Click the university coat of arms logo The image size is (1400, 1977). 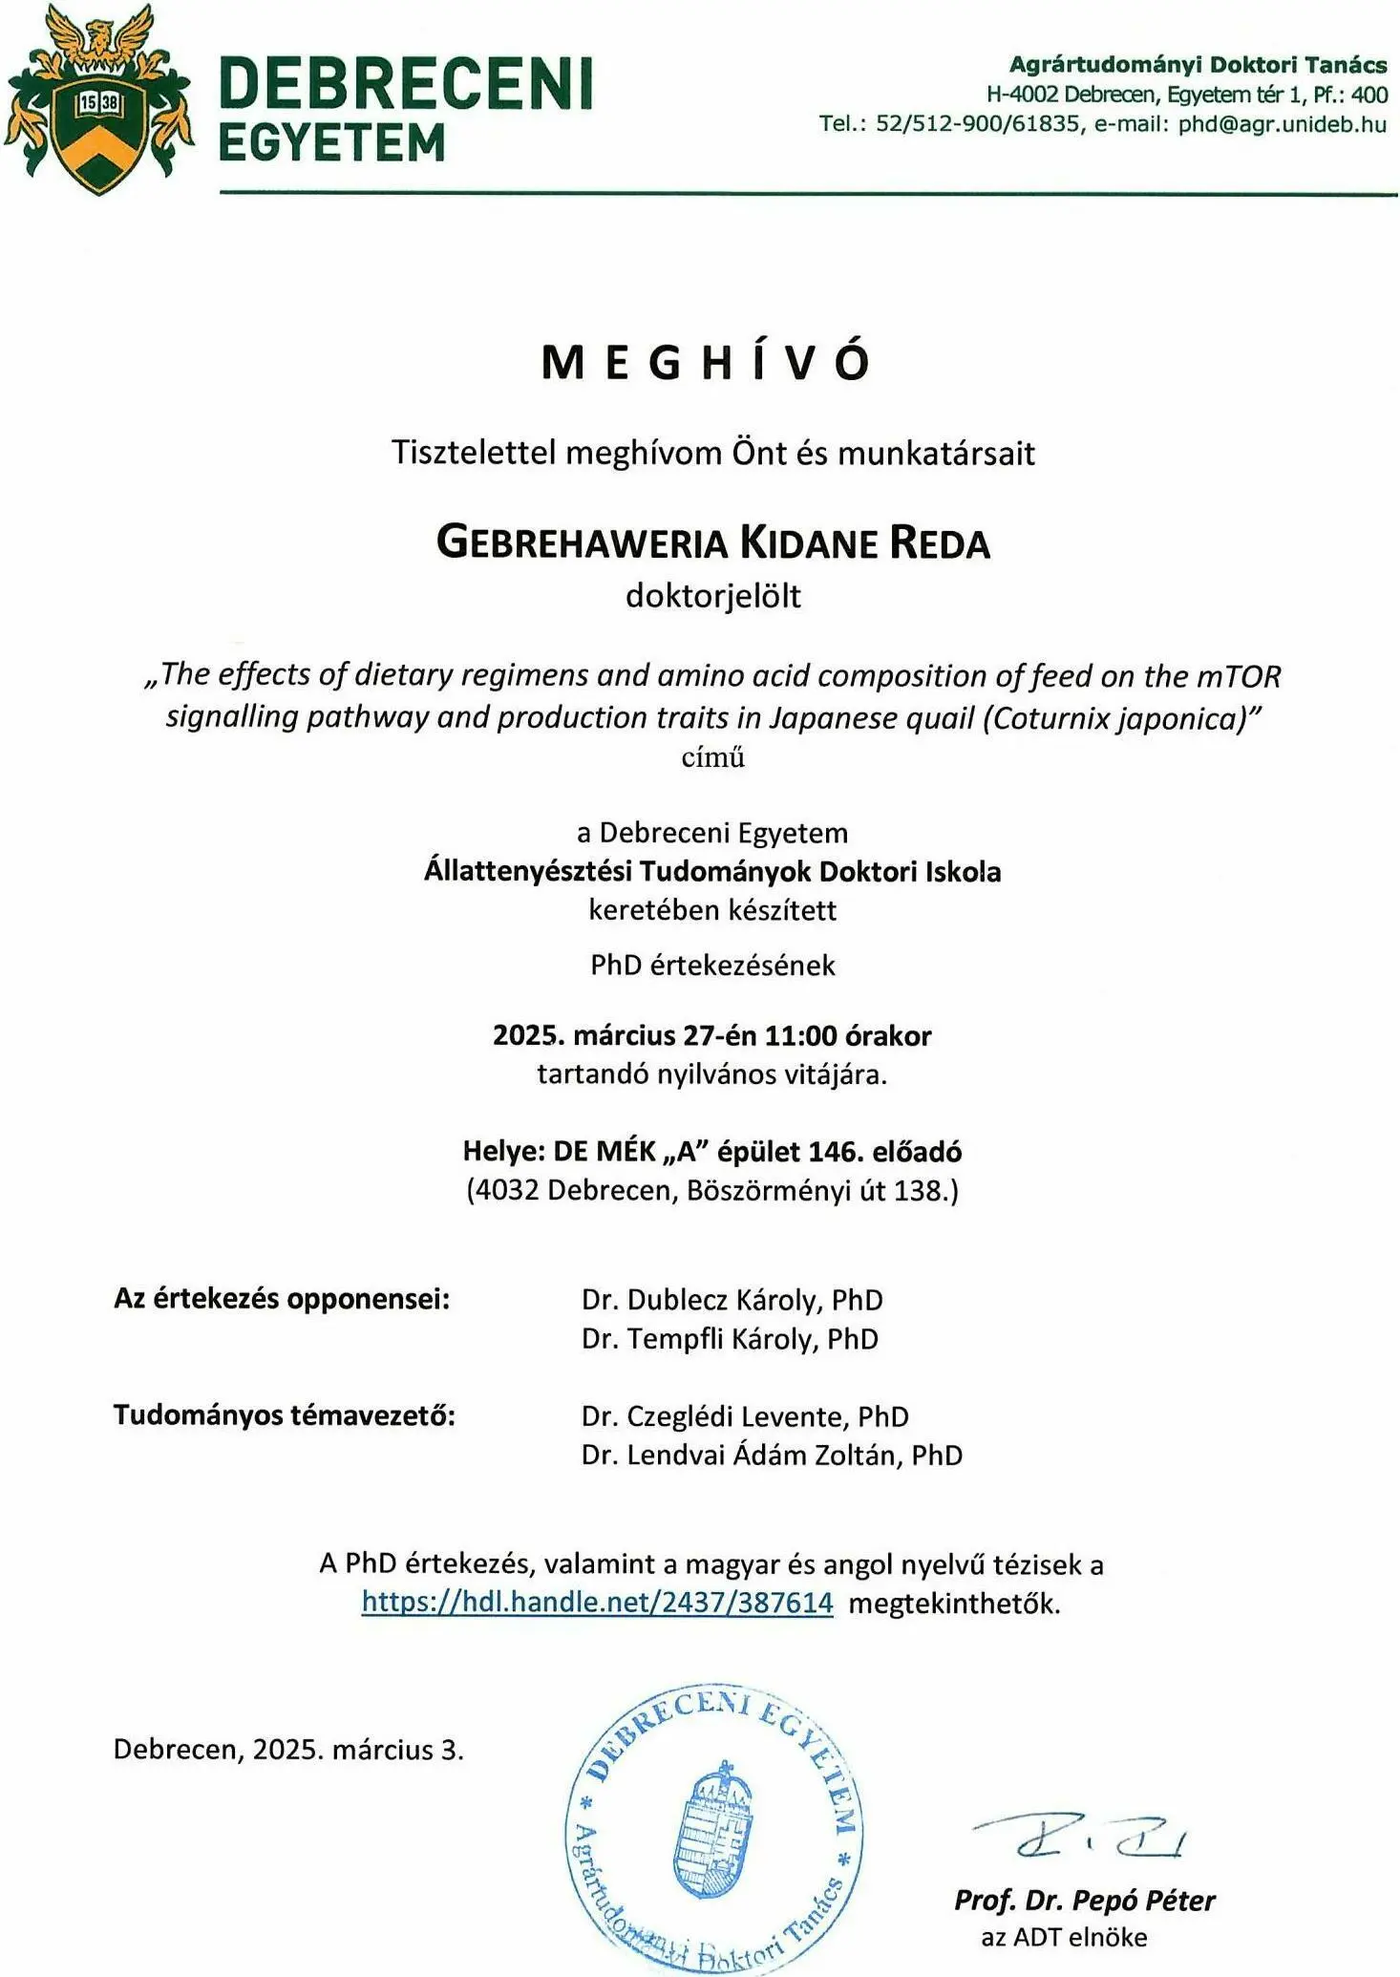97,100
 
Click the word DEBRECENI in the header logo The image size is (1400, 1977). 406,83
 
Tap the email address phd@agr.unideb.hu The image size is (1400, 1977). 1282,124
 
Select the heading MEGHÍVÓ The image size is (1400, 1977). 707,363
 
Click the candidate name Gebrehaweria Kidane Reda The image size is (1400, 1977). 712,542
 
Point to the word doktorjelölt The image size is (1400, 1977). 712,596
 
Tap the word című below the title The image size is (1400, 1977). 712,757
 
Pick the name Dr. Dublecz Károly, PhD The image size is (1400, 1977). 732,1300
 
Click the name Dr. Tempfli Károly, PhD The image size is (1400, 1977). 730,1339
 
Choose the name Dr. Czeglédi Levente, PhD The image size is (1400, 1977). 745,1416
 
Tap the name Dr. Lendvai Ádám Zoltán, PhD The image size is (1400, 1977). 772,1456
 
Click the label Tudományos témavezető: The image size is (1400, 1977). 285,1415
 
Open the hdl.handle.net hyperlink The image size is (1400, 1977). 597,1603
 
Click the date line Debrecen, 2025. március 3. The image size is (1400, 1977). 288,1750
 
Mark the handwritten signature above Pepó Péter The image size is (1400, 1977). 1079,1835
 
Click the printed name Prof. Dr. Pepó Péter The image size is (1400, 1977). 1084,1901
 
